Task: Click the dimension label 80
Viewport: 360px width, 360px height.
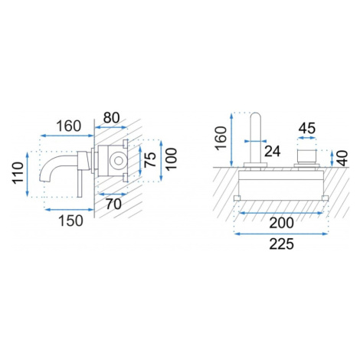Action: pyautogui.click(x=111, y=118)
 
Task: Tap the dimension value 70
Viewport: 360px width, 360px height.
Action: pyautogui.click(x=113, y=204)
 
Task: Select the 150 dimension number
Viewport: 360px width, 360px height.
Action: pyautogui.click(x=70, y=221)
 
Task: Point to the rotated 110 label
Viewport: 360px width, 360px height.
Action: pyautogui.click(x=18, y=173)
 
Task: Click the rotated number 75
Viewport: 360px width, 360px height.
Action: pyautogui.click(x=150, y=159)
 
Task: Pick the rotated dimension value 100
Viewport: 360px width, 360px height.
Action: pyautogui.click(x=172, y=159)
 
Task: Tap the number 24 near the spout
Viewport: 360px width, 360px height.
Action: pyautogui.click(x=272, y=151)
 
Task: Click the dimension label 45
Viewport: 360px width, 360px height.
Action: pyautogui.click(x=307, y=129)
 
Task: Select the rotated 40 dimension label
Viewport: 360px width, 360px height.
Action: pyautogui.click(x=342, y=159)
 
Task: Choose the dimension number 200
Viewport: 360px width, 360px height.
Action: pyautogui.click(x=282, y=223)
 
